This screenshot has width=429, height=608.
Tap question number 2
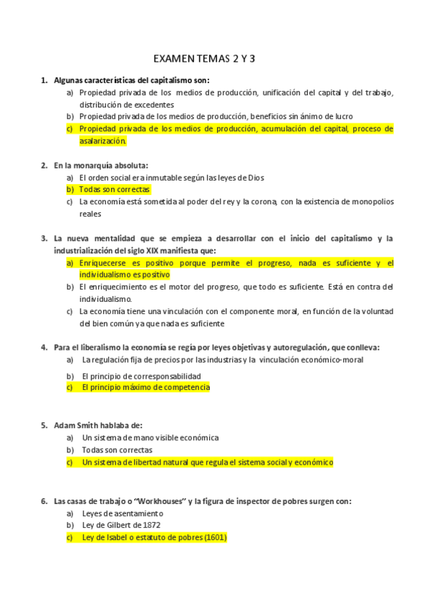point(44,165)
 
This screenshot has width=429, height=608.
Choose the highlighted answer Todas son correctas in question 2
point(115,189)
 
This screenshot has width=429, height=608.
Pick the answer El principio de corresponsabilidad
point(140,376)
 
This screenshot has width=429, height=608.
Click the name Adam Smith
point(74,424)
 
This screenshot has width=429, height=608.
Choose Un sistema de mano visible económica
point(150,437)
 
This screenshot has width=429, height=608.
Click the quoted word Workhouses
point(158,501)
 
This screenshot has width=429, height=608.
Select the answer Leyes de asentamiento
point(122,513)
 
